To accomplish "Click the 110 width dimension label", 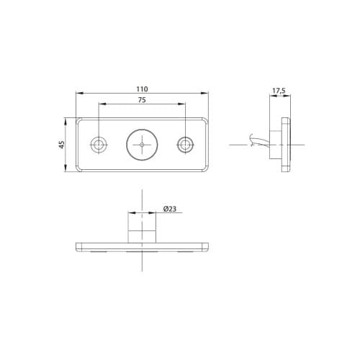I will [x=142, y=89].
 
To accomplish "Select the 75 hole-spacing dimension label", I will [x=142, y=101].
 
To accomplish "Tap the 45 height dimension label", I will [x=61, y=145].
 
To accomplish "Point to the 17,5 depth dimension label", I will [x=279, y=91].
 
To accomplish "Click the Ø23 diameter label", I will [x=170, y=209].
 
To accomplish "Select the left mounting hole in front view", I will [x=98, y=145].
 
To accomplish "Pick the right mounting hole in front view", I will [x=186, y=145].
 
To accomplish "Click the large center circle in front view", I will [x=142, y=145].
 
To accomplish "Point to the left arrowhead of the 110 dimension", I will [x=78, y=94].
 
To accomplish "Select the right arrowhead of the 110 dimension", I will [x=207, y=94].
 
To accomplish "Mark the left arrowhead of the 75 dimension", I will [x=100, y=106].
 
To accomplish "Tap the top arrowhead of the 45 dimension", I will [x=67, y=120].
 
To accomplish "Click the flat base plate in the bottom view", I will [x=142, y=247].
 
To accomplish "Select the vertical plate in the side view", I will [x=286, y=144].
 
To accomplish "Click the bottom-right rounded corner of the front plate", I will [x=207, y=170].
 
